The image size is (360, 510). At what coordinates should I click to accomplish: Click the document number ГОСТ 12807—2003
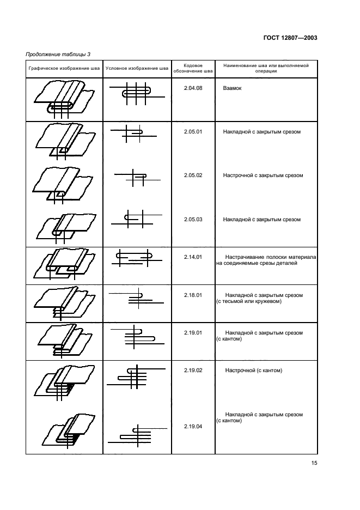(290, 38)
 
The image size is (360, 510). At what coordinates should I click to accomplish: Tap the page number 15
(314, 463)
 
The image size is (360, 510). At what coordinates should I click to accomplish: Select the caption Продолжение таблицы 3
(58, 54)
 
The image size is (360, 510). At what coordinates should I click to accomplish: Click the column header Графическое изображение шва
(64, 68)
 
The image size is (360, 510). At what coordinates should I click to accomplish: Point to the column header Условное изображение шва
(137, 68)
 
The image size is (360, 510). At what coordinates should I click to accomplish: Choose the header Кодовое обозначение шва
(193, 68)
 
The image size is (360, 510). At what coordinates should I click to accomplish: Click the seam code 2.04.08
(193, 88)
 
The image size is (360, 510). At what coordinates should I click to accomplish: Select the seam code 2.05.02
(193, 175)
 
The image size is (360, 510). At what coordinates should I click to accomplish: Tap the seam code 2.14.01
(193, 257)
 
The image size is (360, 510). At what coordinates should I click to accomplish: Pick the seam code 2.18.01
(193, 295)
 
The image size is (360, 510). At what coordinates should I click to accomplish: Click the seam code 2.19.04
(193, 427)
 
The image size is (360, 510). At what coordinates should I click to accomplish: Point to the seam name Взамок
(232, 88)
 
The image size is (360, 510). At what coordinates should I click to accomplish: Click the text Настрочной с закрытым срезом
(263, 175)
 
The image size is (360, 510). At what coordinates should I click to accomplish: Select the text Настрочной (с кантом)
(254, 371)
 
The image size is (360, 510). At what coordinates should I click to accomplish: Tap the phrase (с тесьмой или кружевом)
(249, 301)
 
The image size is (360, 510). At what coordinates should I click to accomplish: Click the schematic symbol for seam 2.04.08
(137, 93)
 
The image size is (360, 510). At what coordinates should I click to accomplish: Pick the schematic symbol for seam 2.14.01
(137, 258)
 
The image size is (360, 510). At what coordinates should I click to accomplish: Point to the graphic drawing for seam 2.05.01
(64, 141)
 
